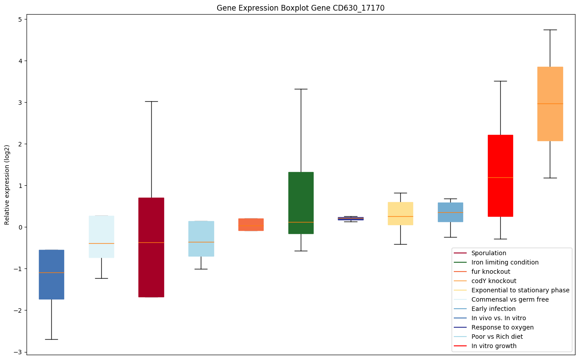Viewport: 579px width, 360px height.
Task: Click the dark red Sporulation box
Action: click(x=151, y=247)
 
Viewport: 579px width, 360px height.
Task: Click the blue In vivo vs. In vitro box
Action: click(x=51, y=274)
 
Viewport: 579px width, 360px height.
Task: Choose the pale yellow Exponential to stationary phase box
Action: click(x=400, y=214)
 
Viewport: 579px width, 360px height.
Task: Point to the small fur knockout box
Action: click(x=251, y=224)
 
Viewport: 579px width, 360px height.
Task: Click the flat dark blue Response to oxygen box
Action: click(x=351, y=218)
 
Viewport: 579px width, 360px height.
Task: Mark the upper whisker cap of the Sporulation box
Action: click(x=151, y=101)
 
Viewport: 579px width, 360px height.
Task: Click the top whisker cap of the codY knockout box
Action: click(x=550, y=30)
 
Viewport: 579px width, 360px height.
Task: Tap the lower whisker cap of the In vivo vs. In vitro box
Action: click(x=51, y=339)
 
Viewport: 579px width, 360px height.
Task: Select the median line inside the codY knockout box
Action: click(x=550, y=103)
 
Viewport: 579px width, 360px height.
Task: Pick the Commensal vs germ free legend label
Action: click(x=510, y=299)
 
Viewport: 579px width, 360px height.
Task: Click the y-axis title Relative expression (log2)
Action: click(x=7, y=184)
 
